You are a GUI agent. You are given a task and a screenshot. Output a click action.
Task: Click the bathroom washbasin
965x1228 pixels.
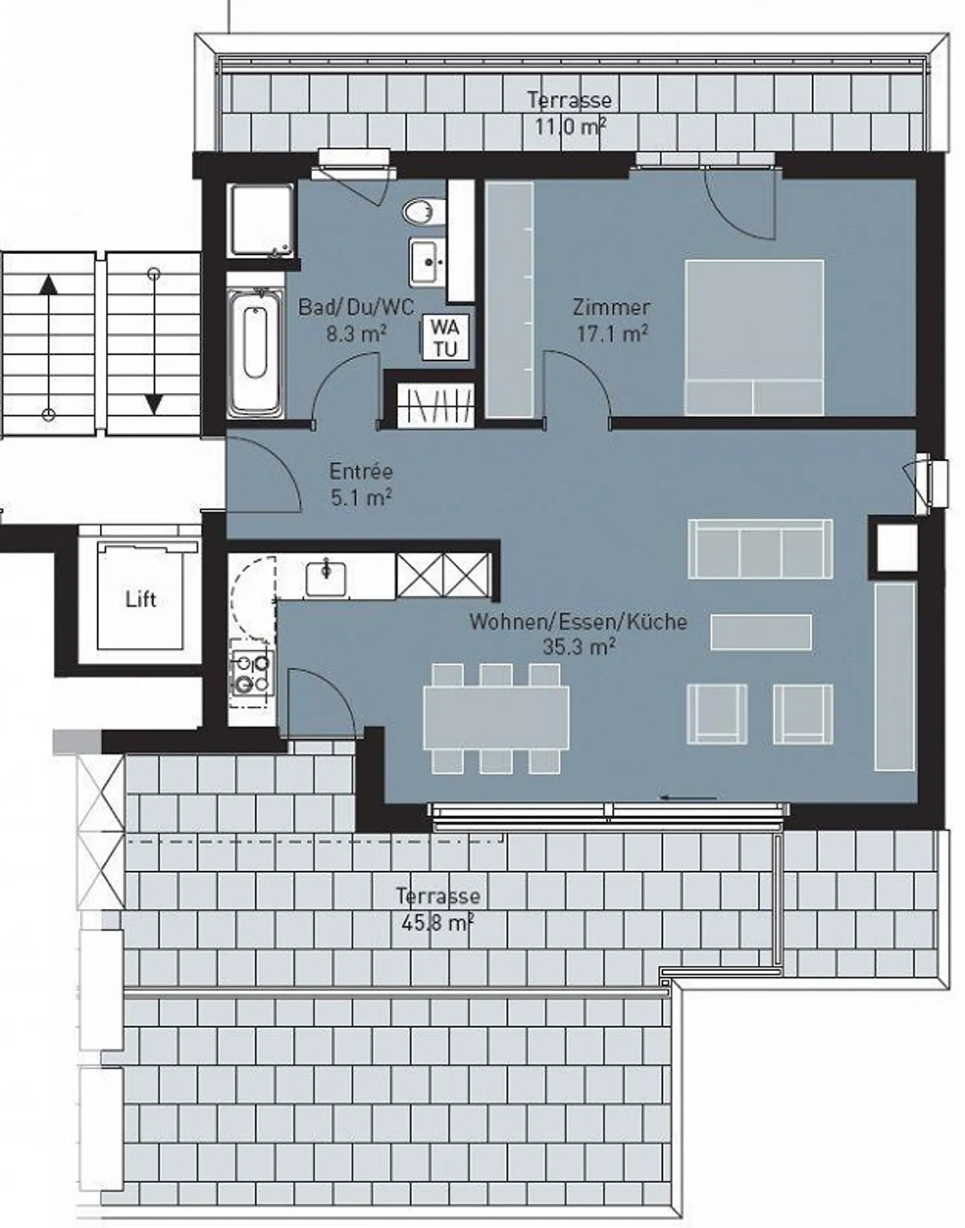(427, 262)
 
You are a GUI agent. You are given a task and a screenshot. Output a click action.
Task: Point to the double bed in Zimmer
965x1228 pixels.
(754, 337)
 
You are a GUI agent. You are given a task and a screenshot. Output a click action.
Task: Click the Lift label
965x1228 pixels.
(141, 599)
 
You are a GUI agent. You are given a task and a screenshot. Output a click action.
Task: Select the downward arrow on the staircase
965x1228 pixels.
(154, 341)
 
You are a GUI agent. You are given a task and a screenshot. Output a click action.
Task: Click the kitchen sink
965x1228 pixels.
(326, 578)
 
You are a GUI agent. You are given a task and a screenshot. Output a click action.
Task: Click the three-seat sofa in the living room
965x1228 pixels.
(761, 549)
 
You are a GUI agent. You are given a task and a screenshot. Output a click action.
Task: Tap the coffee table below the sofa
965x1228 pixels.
(761, 632)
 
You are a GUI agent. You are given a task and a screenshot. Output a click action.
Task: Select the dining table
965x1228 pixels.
(496, 718)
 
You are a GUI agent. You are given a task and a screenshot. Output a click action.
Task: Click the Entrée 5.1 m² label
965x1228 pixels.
(361, 484)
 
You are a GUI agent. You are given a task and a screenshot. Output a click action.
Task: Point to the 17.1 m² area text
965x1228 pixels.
(612, 333)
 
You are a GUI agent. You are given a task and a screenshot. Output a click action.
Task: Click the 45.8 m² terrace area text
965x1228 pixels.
(438, 923)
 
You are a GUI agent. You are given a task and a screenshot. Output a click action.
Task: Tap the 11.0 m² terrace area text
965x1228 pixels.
(570, 126)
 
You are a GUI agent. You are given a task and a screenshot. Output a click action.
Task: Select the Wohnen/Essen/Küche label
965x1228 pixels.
(578, 622)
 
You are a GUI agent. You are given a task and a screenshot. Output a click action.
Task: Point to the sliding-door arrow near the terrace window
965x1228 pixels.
(688, 798)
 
